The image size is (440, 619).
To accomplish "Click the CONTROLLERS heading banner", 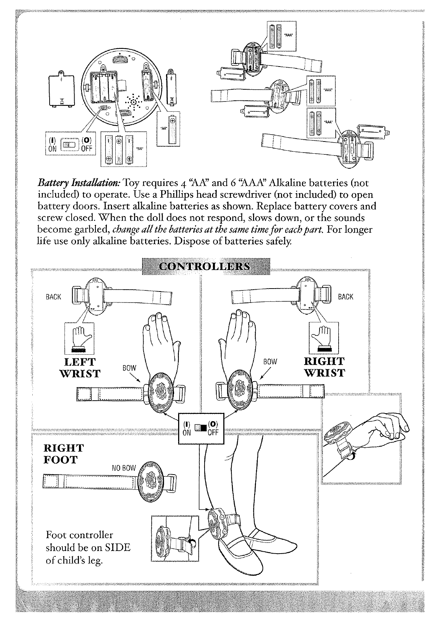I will click(x=206, y=266).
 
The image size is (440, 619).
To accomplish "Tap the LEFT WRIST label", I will click(x=80, y=368).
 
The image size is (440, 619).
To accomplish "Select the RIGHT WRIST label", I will click(x=324, y=367).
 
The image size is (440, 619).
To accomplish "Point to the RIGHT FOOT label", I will click(x=63, y=454).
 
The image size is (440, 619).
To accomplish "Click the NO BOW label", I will click(x=123, y=468).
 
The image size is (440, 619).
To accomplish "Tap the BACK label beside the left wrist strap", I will click(x=53, y=297).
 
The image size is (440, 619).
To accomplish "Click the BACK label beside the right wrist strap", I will click(x=345, y=297).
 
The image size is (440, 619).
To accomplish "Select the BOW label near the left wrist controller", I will click(x=129, y=368).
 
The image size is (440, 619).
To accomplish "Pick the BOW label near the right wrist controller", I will click(x=270, y=362).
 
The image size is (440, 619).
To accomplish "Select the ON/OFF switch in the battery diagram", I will click(x=69, y=145).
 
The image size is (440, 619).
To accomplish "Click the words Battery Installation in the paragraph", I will click(x=79, y=183).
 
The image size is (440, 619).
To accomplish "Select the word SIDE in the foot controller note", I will click(x=118, y=548).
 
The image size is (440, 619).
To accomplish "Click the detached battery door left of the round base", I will click(x=62, y=91).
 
